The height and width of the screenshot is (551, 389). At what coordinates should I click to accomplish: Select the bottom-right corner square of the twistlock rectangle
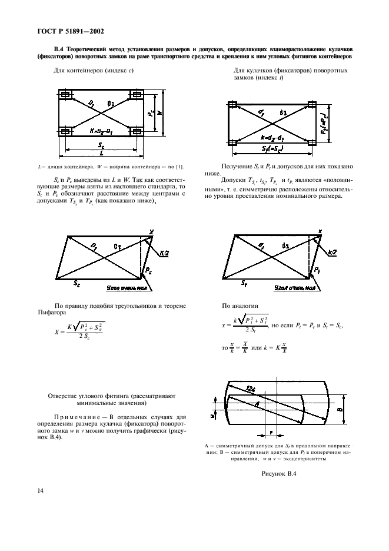coord(311,142)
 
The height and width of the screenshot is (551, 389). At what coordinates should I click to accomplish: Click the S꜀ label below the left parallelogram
coord(78,284)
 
